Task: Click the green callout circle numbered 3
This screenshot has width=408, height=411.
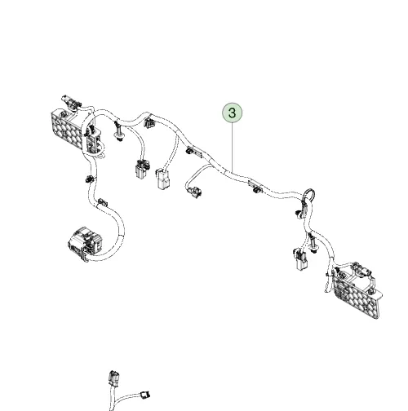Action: [232, 113]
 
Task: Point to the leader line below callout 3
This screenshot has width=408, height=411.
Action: [233, 147]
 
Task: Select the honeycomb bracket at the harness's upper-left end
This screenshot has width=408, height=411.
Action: [67, 129]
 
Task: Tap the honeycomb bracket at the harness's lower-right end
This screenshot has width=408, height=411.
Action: [357, 294]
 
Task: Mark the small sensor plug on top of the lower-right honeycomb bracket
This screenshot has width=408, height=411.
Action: [362, 271]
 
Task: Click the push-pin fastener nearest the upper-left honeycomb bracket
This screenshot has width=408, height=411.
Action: [118, 133]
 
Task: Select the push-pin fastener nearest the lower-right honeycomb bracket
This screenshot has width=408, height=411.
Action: [313, 243]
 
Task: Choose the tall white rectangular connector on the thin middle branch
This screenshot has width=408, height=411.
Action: [163, 179]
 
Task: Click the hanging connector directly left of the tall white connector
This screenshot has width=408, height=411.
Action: [142, 169]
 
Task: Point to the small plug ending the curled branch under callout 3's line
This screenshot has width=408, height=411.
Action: [195, 192]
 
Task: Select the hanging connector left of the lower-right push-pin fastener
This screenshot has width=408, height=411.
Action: [300, 259]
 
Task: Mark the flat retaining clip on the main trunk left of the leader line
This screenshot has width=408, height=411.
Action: [194, 152]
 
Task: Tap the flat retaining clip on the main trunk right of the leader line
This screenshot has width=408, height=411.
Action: [255, 187]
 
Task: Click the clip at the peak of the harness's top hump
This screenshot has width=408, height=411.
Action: [149, 122]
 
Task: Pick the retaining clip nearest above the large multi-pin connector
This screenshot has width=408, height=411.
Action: [102, 202]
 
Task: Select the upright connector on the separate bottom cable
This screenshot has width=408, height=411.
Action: [113, 378]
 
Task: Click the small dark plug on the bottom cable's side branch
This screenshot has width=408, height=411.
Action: [145, 394]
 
